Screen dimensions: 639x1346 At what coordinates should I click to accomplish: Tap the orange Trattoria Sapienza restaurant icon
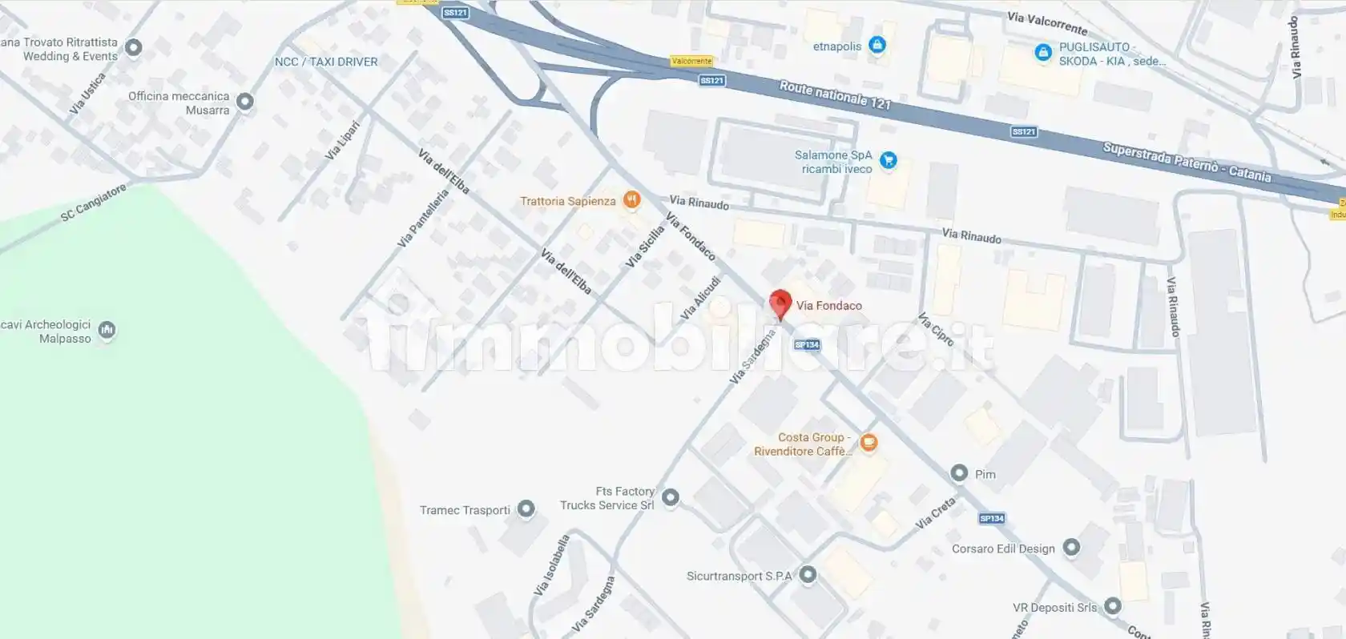[x=632, y=200]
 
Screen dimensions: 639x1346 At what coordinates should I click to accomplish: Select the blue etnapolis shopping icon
[x=877, y=45]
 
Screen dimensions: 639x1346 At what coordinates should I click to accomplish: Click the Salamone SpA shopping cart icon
[x=888, y=160]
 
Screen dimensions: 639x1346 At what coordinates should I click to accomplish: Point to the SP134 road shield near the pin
[x=807, y=345]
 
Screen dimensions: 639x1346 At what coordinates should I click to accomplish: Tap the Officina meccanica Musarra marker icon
[x=245, y=102]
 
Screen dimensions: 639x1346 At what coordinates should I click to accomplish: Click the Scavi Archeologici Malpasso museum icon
[x=107, y=330]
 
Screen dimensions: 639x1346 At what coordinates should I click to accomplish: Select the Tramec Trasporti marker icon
[x=526, y=509]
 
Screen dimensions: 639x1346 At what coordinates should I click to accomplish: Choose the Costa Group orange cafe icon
[x=868, y=442]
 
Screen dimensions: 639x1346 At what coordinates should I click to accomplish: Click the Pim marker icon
[x=959, y=473]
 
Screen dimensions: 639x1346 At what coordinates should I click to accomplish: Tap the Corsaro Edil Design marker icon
[x=1071, y=548]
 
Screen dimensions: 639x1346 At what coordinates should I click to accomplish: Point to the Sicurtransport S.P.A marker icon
[x=808, y=574]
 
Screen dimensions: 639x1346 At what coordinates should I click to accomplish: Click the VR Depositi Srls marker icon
[x=1112, y=606]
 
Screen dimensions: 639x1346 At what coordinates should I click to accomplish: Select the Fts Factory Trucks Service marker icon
[x=671, y=498]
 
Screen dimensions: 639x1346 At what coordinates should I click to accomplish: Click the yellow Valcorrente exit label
[x=691, y=61]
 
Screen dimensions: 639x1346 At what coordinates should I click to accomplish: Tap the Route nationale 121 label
[x=834, y=94]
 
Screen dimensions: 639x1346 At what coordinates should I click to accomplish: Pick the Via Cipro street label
[x=936, y=329]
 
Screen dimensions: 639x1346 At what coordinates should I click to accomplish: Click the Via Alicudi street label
[x=700, y=299]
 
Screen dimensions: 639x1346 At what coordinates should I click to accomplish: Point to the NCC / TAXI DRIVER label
[x=326, y=62]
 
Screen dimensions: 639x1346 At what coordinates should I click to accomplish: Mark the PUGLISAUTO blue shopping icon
[x=1043, y=53]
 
